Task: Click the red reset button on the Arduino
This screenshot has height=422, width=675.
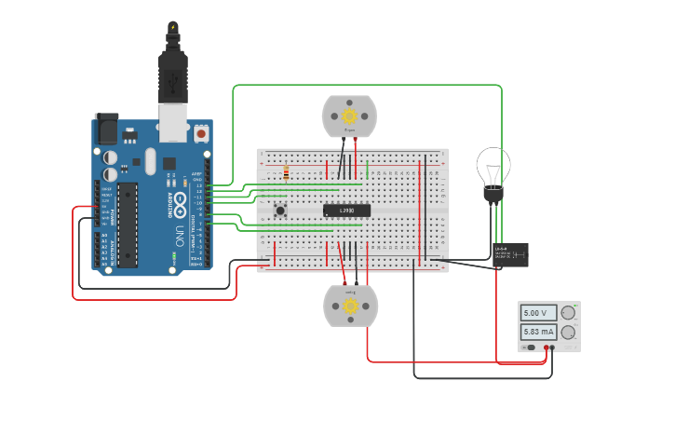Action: click(202, 135)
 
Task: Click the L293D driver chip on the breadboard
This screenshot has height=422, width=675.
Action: click(346, 211)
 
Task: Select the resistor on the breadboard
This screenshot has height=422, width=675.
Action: click(285, 172)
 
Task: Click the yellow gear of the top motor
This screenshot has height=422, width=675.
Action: click(349, 116)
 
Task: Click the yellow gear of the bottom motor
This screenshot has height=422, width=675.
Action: click(350, 306)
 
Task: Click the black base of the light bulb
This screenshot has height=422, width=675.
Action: click(492, 195)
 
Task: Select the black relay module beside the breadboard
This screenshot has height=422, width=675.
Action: click(510, 253)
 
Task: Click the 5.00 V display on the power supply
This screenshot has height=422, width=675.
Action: click(538, 314)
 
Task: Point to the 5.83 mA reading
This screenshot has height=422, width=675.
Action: click(538, 332)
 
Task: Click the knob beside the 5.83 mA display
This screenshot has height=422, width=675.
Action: click(567, 332)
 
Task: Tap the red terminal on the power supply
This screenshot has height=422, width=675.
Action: click(547, 348)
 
